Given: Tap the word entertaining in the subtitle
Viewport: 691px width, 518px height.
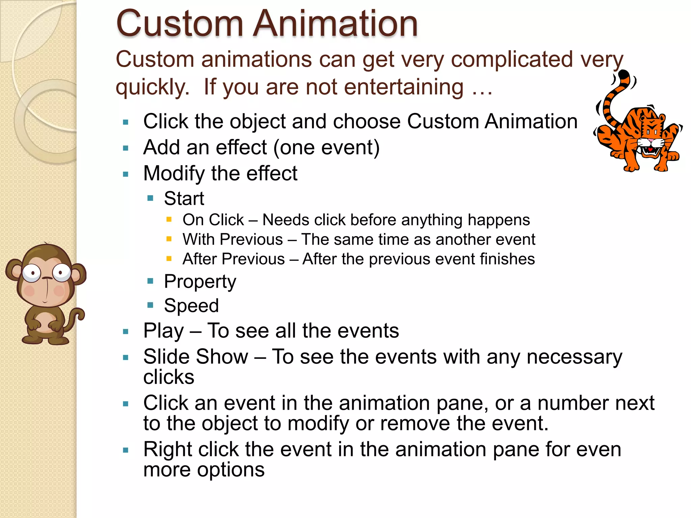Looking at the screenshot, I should tap(404, 87).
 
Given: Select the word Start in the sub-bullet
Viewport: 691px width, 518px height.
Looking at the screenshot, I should tap(184, 198).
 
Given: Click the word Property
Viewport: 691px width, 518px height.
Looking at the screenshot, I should tap(200, 282).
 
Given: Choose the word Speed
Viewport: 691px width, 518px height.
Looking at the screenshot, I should tap(191, 306).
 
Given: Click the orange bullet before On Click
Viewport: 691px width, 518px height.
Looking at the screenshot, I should tap(169, 220).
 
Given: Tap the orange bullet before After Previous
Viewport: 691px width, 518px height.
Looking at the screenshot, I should tap(169, 259).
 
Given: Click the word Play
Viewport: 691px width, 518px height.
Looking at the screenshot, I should tap(164, 331).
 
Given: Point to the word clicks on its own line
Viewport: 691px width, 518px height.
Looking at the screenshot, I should tap(169, 377).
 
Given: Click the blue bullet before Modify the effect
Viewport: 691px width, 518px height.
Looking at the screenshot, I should tap(126, 174).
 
